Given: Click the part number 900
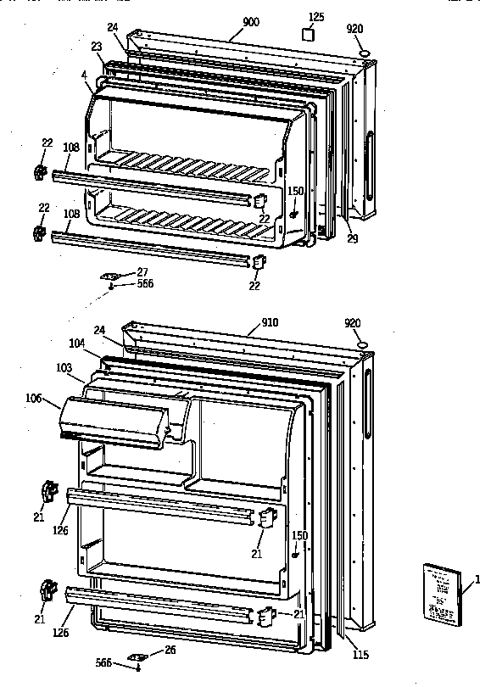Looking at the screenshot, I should [251, 21].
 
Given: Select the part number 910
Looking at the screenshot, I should [270, 322].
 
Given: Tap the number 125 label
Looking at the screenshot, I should [315, 16].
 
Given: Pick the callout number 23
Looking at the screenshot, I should [96, 47].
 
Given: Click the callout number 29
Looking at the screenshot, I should [352, 238].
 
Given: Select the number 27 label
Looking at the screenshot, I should [142, 271].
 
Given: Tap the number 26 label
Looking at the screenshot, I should [170, 651].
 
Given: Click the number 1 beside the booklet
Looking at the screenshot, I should [477, 579].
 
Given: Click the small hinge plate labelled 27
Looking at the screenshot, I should [110, 275].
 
